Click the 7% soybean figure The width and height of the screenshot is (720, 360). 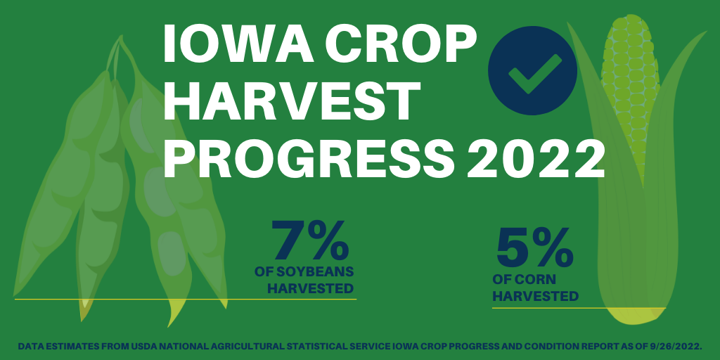(x=310, y=240)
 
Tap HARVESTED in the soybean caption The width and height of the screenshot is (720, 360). (x=310, y=288)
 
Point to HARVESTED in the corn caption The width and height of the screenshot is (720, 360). (x=535, y=296)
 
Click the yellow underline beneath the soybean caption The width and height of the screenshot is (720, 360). (x=186, y=300)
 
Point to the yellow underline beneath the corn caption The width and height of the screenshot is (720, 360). (x=579, y=308)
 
